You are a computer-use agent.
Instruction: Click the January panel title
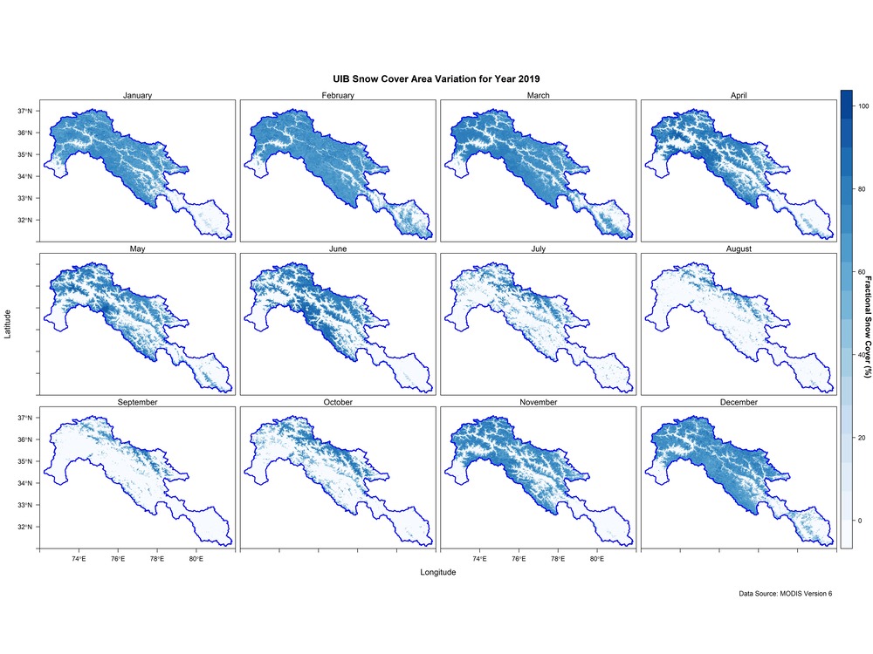click(x=137, y=95)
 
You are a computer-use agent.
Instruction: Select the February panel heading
click(x=337, y=95)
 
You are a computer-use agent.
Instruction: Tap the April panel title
click(x=739, y=95)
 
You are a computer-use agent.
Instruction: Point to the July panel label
click(x=538, y=249)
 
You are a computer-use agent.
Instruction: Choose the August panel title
click(x=739, y=249)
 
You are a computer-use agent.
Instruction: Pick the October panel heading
click(x=337, y=402)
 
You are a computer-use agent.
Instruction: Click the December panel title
click(x=739, y=402)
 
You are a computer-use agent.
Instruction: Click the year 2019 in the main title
click(x=529, y=79)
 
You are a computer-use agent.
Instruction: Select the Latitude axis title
click(x=7, y=324)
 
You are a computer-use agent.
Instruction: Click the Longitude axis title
click(x=437, y=572)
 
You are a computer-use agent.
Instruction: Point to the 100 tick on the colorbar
click(x=863, y=106)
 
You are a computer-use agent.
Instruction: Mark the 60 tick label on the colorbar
click(x=862, y=272)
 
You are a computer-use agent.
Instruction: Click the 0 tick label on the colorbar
click(x=860, y=521)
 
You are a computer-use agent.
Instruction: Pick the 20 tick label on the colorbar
click(x=862, y=438)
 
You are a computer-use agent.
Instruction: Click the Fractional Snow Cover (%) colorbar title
click(x=867, y=327)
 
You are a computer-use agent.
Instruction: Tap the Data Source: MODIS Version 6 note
click(x=785, y=593)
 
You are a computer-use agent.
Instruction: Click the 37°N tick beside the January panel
click(x=25, y=111)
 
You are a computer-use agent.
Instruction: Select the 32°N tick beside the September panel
click(x=25, y=527)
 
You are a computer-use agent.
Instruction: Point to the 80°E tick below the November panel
click(x=596, y=558)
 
